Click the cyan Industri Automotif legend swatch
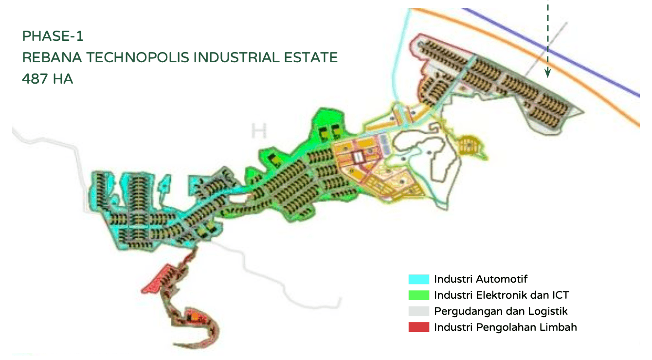click(x=418, y=279)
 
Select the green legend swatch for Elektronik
click(x=418, y=295)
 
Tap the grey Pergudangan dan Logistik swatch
click(x=418, y=311)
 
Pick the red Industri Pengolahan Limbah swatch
click(x=418, y=327)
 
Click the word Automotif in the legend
click(x=502, y=279)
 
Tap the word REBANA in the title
click(x=52, y=57)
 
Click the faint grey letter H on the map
click(x=259, y=131)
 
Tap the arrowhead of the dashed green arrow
click(x=547, y=74)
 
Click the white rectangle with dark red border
click(x=359, y=157)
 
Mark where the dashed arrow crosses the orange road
click(x=547, y=54)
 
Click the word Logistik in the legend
click(x=549, y=311)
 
